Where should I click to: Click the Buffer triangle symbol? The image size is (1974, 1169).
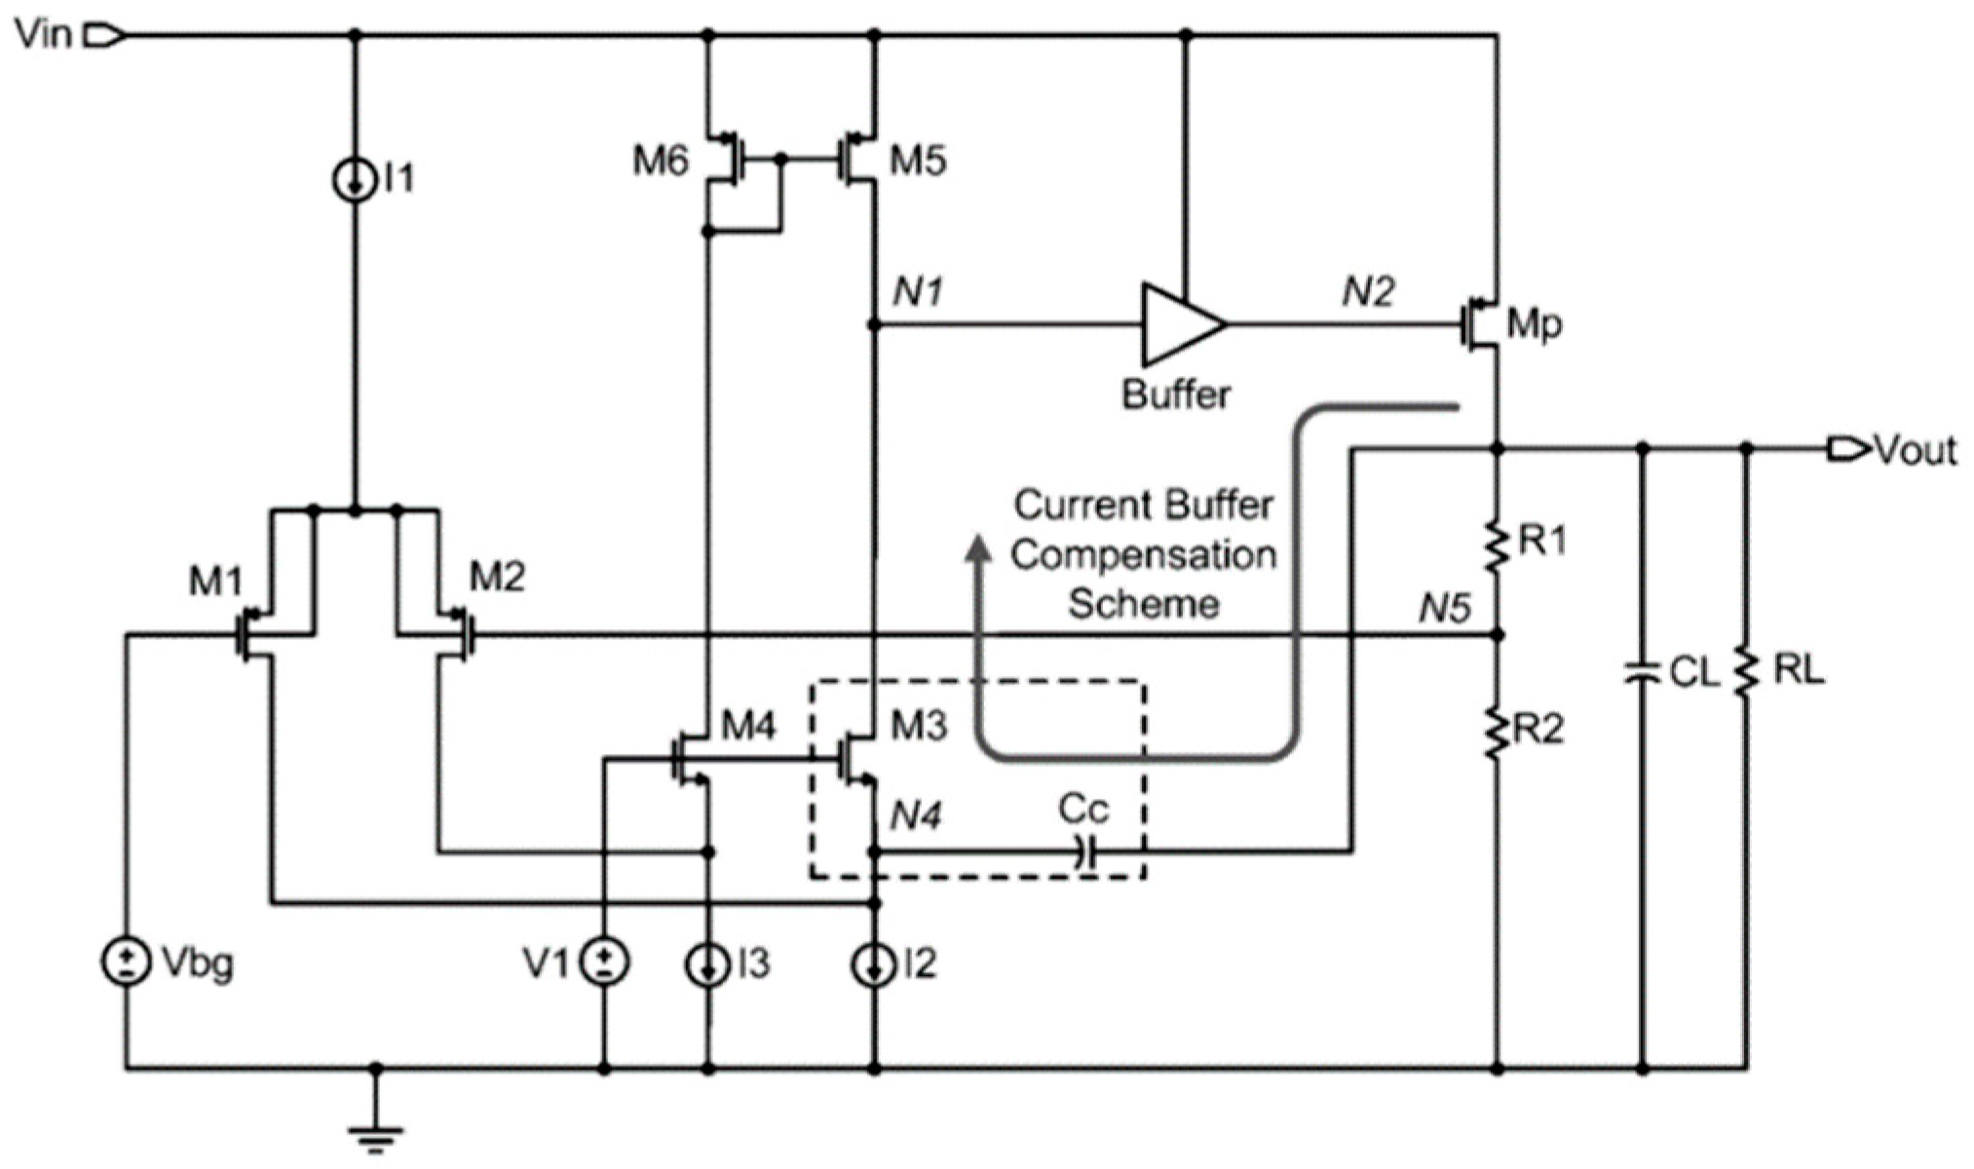tap(1180, 323)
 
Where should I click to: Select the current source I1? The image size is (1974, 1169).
tap(355, 180)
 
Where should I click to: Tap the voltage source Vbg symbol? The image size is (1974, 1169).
tap(126, 962)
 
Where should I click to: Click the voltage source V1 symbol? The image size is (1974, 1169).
tap(604, 962)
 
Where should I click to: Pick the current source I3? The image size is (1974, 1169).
tap(708, 964)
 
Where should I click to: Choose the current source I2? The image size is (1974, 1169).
tap(874, 964)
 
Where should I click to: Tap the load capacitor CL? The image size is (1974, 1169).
tap(1642, 671)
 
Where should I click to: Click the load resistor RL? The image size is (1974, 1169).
tap(1746, 671)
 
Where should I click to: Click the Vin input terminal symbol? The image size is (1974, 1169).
tap(103, 36)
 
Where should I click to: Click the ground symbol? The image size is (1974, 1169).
tap(376, 1135)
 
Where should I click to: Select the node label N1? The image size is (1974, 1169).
tap(917, 291)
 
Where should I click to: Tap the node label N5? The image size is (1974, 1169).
tap(1443, 609)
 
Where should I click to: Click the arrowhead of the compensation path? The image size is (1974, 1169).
tap(978, 550)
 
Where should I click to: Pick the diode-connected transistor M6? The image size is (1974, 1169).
tap(723, 160)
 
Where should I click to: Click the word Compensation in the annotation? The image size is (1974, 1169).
tap(1143, 555)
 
